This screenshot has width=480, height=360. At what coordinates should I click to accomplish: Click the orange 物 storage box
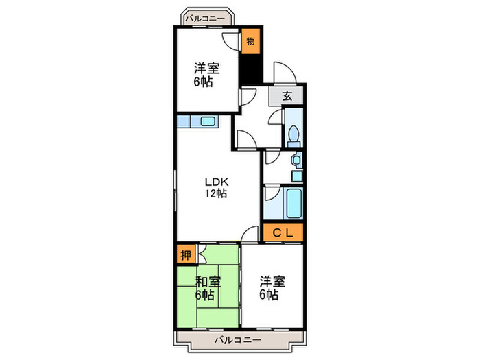click(250, 41)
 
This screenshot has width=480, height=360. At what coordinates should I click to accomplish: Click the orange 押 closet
click(185, 256)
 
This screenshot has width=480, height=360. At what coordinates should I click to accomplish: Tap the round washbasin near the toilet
click(295, 160)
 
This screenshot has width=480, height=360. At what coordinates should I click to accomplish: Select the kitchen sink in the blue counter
click(207, 122)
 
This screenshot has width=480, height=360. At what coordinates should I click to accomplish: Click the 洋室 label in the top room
click(203, 69)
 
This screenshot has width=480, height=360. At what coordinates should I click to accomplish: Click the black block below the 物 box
click(250, 69)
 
